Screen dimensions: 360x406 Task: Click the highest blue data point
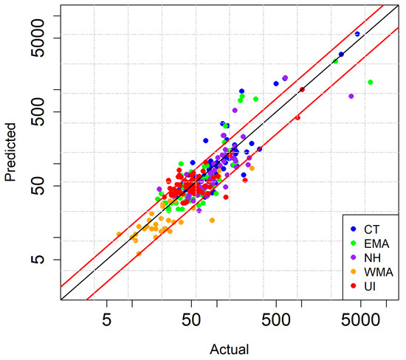(x=357, y=34)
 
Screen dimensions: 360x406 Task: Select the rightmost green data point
(x=370, y=83)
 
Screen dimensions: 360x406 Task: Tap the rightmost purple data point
(x=351, y=97)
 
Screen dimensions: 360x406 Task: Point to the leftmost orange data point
(x=118, y=235)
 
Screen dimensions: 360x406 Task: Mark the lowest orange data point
(x=139, y=254)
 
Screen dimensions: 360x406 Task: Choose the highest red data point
(x=302, y=90)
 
